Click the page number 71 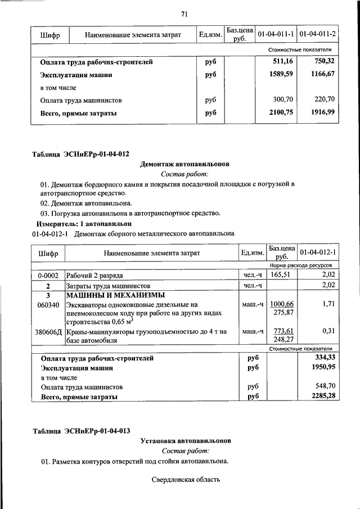coord(184,13)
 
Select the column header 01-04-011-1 coord(276,35)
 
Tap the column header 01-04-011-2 coord(317,35)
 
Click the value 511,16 coord(283,61)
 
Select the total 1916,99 coord(322,112)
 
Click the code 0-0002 coord(48,276)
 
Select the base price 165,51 coord(282,276)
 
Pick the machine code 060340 coord(48,304)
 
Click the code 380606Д coord(48,332)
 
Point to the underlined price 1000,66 coord(282,304)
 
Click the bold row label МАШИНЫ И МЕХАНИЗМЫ coord(115,295)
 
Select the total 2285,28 coord(323,397)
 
